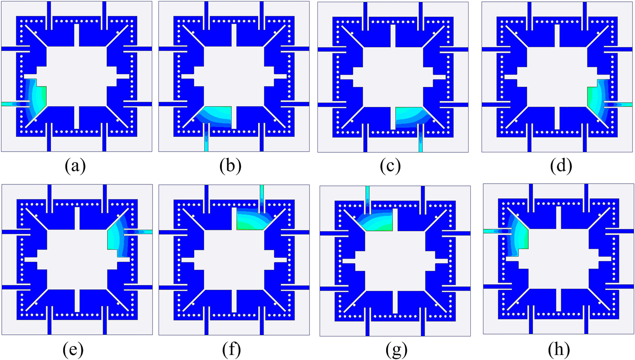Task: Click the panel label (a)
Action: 75,166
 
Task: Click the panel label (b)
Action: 230,166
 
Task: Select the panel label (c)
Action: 390,166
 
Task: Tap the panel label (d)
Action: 561,166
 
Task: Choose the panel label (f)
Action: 232,350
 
